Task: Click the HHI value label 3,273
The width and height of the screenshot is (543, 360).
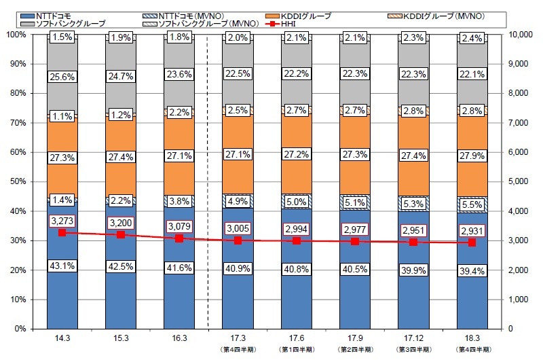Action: [62, 220]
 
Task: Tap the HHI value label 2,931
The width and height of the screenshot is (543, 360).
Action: [474, 230]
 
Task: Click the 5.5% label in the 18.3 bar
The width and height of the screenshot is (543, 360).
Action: [474, 203]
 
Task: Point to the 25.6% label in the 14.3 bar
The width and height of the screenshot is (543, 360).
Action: [62, 77]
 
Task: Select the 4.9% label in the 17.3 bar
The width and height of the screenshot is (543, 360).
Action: [238, 201]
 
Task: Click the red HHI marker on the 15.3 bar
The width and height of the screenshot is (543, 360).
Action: [121, 234]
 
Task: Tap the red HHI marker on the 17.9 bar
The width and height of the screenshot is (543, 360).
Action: [356, 241]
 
